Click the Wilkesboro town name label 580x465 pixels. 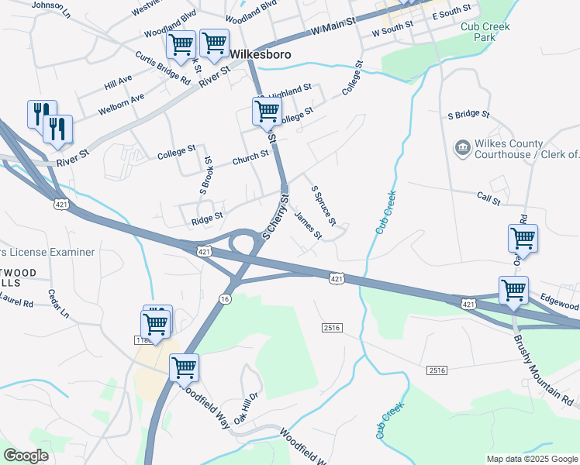click(262, 54)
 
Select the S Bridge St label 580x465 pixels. click(469, 114)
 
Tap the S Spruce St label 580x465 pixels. click(323, 205)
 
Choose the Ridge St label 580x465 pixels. click(207, 221)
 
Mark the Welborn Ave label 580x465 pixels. click(121, 105)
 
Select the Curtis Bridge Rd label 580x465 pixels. click(162, 67)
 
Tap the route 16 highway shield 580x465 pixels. click(225, 298)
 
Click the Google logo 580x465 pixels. click(26, 456)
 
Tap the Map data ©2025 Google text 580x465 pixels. click(532, 459)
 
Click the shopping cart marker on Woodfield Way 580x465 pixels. click(184, 367)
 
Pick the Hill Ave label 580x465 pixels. click(119, 80)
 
